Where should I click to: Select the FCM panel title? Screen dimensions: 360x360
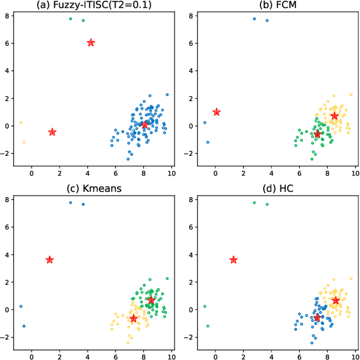[274, 6]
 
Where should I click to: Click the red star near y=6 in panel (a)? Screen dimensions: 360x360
[91, 43]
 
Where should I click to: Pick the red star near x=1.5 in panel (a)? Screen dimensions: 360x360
[52, 132]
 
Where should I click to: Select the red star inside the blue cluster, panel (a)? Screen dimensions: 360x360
[145, 125]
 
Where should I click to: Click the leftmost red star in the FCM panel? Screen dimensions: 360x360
[217, 112]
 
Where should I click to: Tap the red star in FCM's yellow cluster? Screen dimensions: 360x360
[335, 116]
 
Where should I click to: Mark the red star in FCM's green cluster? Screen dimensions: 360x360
[317, 134]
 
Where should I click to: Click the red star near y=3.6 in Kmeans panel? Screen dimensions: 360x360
[49, 260]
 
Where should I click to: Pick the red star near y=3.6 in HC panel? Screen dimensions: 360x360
[233, 260]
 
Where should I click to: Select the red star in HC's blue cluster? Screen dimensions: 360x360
[317, 318]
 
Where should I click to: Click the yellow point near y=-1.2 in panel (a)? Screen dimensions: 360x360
[24, 142]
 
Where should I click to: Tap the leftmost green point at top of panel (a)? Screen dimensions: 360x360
[70, 19]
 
